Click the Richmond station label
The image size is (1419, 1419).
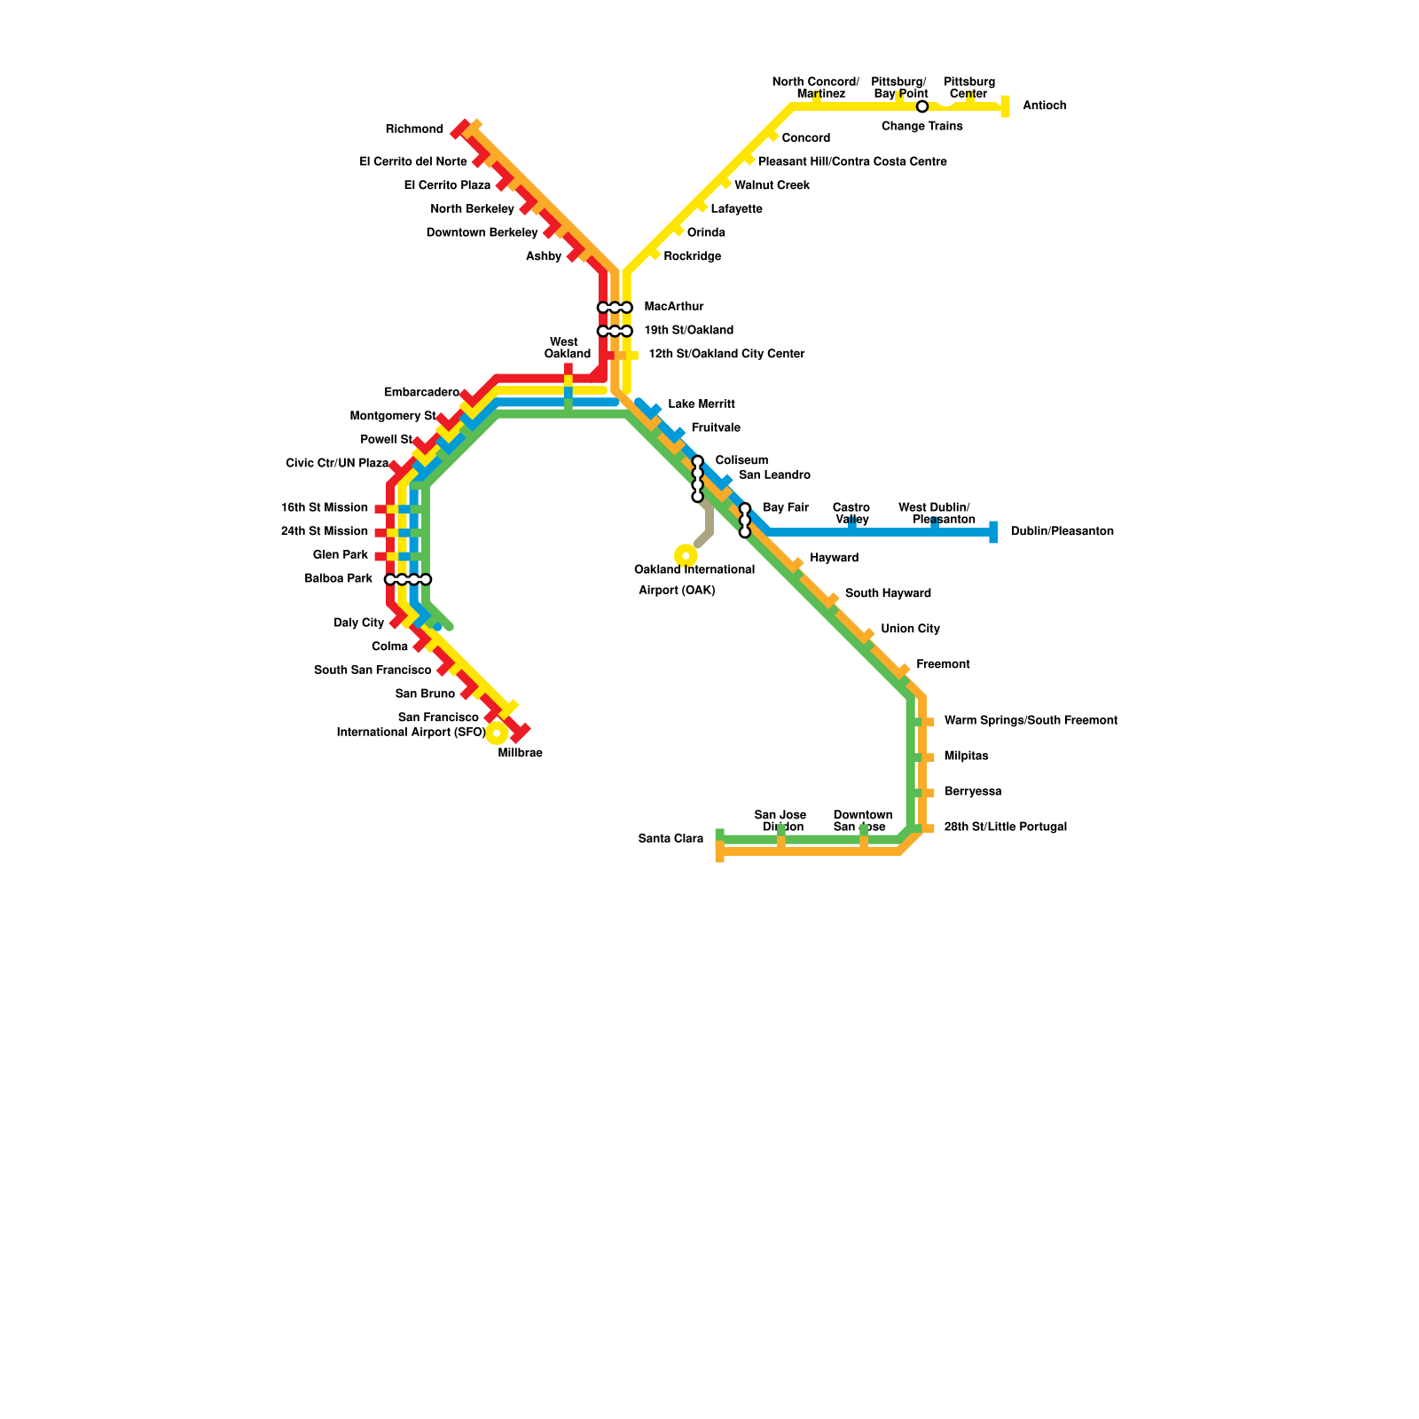click(x=414, y=129)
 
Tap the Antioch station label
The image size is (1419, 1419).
click(x=1044, y=106)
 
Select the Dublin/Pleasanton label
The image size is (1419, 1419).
click(x=1062, y=532)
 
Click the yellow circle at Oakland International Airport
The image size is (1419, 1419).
click(x=686, y=555)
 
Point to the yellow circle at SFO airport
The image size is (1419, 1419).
click(x=497, y=733)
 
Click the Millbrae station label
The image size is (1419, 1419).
click(x=520, y=754)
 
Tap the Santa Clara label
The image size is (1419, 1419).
click(x=670, y=839)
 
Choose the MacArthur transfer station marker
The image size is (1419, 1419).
click(x=615, y=308)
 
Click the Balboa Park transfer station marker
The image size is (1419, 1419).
click(x=408, y=580)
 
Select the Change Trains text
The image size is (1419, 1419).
click(x=921, y=127)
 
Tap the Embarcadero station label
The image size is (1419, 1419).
click(x=421, y=393)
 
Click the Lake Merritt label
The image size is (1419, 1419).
click(x=702, y=404)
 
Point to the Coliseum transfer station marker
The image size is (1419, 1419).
click(x=697, y=479)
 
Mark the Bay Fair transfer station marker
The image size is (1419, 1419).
click(x=745, y=521)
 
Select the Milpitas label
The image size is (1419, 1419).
click(x=966, y=757)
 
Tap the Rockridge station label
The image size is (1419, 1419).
click(x=692, y=257)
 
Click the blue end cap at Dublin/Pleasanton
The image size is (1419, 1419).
click(x=993, y=532)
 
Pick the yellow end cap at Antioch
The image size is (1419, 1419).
click(x=1005, y=107)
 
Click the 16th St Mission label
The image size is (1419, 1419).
click(x=325, y=508)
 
